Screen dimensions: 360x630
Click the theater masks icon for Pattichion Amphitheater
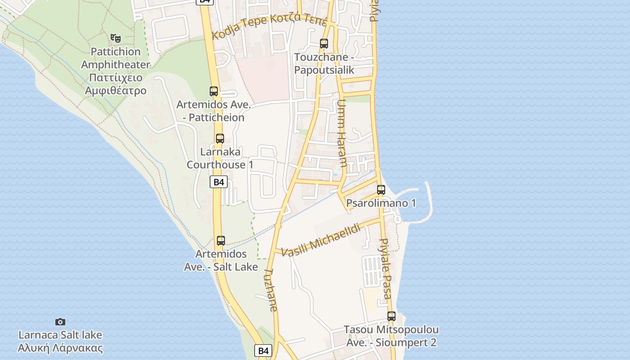click(116, 38)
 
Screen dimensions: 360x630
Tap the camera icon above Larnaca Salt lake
click(60, 322)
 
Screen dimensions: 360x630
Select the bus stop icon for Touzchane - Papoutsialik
click(324, 44)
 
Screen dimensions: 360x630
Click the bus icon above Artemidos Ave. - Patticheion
click(214, 91)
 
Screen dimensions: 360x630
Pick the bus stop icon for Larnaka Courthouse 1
click(220, 139)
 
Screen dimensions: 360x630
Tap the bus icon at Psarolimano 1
click(381, 190)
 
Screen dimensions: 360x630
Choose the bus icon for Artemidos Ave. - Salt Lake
click(220, 241)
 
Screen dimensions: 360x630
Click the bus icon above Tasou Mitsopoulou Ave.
click(391, 316)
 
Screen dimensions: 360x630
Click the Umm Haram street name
click(342, 133)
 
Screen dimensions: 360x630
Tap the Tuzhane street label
click(271, 290)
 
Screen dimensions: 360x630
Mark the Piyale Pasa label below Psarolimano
click(386, 269)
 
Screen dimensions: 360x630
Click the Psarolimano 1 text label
click(381, 203)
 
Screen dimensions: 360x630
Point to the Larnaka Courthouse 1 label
click(220, 158)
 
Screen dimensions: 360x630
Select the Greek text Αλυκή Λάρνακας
click(60, 348)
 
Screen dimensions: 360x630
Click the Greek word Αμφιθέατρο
click(116, 90)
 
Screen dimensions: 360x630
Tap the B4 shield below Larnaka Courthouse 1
click(218, 182)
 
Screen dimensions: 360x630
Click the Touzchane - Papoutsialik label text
click(324, 63)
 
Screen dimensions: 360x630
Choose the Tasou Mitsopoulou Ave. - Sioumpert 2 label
click(391, 336)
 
